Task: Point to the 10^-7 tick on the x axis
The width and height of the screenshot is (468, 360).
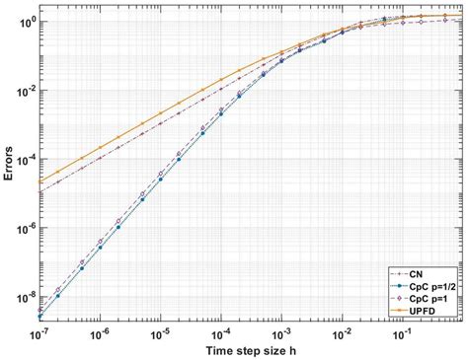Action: [x=39, y=333]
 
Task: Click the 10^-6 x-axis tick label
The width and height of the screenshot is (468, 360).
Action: [x=97, y=333]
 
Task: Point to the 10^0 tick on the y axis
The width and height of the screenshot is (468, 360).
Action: [x=26, y=21]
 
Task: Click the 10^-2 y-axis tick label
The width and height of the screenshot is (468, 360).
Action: [x=24, y=91]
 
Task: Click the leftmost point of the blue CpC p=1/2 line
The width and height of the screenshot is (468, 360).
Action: [x=39, y=317]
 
